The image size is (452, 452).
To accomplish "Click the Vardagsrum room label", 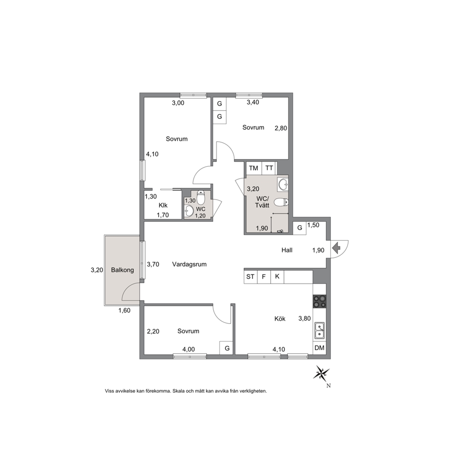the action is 190,264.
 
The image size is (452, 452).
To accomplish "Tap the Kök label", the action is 280,318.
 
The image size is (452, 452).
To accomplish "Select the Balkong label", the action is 123,270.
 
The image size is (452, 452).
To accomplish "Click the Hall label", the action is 287,250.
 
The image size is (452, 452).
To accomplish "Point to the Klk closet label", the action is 163,205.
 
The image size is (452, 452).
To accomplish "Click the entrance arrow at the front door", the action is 336,247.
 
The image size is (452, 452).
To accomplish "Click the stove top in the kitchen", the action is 319,301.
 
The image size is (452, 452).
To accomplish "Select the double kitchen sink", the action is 319,330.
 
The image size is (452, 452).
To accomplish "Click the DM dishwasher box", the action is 319,348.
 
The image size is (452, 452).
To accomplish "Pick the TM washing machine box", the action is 254,168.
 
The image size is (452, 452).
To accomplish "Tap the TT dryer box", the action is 269,168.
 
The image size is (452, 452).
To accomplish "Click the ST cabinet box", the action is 250,277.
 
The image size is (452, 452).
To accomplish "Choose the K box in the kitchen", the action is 277,277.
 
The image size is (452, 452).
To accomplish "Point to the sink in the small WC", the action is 189,211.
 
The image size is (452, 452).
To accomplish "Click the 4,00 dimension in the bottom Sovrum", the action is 189,349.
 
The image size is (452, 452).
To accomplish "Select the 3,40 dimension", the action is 253,102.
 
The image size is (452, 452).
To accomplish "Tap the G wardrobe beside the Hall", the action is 299,228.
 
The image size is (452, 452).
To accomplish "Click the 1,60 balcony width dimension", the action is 124,310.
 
